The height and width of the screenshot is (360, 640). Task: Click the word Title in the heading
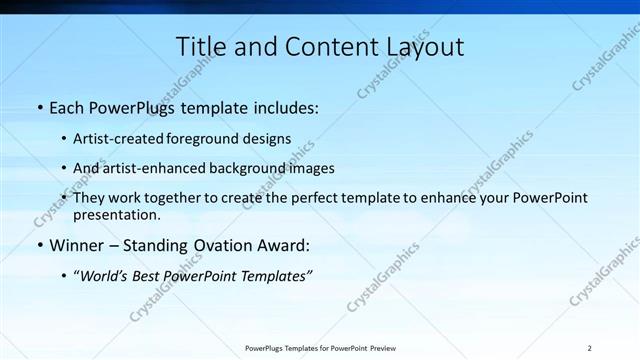click(199, 46)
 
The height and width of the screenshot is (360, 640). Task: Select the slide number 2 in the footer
click(590, 348)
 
